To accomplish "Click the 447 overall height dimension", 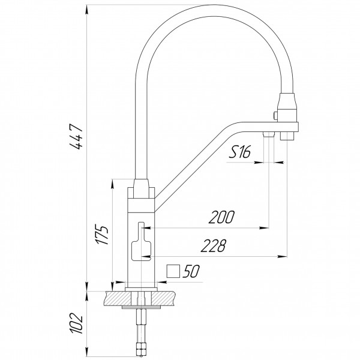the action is point(76,137).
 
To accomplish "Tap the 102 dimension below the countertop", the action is point(76,323).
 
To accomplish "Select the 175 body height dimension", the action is point(102,235).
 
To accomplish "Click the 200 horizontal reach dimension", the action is point(221,217).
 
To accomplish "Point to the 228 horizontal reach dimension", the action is point(214,245).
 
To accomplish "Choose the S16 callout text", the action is point(239,152).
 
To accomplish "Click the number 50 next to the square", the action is point(191,271).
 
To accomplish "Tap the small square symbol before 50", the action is point(173,271).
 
